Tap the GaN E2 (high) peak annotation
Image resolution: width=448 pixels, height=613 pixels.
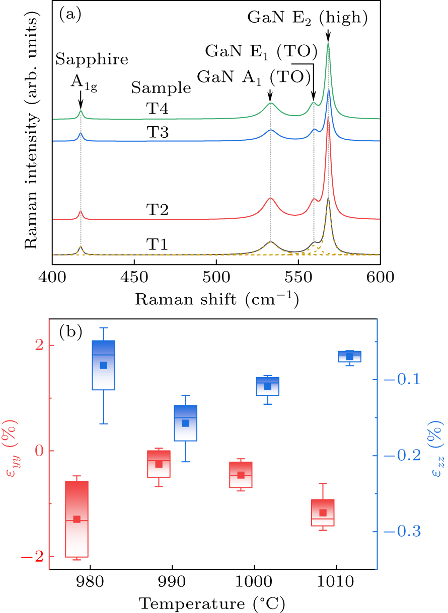tap(308, 19)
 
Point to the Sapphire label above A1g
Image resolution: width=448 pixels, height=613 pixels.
tap(92, 59)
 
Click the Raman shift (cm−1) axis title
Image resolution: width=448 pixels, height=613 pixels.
tap(215, 300)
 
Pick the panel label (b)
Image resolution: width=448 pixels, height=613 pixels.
tap(70, 331)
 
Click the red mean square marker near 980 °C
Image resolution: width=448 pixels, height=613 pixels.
tap(77, 519)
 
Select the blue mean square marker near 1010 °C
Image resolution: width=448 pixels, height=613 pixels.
tap(350, 357)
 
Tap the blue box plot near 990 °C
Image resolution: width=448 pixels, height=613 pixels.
tap(186, 423)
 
